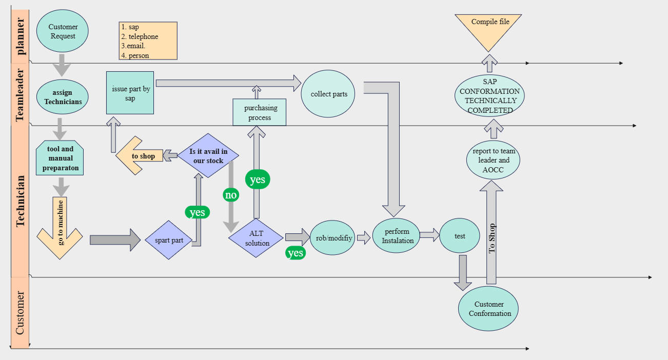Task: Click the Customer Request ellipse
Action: (x=63, y=31)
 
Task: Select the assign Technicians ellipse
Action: (x=63, y=97)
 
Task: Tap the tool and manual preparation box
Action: (x=60, y=158)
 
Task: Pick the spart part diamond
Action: (x=169, y=240)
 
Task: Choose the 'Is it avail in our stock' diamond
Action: (x=208, y=156)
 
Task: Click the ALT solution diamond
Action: (x=256, y=238)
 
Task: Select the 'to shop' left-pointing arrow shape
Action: (x=140, y=156)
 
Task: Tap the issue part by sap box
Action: (x=130, y=93)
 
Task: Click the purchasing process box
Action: (x=260, y=112)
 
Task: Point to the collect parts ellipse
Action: (x=328, y=94)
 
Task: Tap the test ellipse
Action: (x=460, y=236)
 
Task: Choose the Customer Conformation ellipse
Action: (x=489, y=309)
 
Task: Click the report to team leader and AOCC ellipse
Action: (x=494, y=160)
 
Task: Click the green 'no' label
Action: (x=231, y=195)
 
